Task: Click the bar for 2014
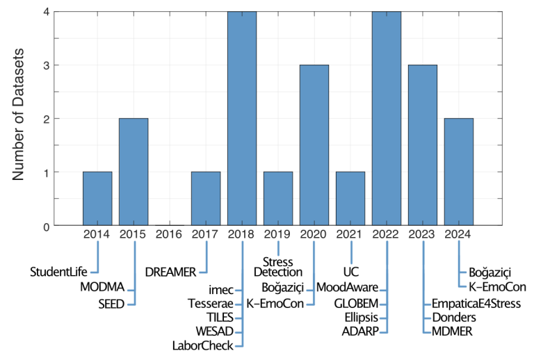click(97, 198)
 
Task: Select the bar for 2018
click(242, 118)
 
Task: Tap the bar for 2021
click(350, 198)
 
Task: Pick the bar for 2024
click(459, 172)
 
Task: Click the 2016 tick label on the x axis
click(170, 235)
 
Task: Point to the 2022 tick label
click(387, 235)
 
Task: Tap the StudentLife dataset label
click(58, 271)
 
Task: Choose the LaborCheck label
click(202, 345)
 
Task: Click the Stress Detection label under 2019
click(278, 266)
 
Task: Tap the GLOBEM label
click(357, 303)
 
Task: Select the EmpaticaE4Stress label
click(476, 303)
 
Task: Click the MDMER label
click(452, 332)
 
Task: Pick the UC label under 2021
click(350, 271)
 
